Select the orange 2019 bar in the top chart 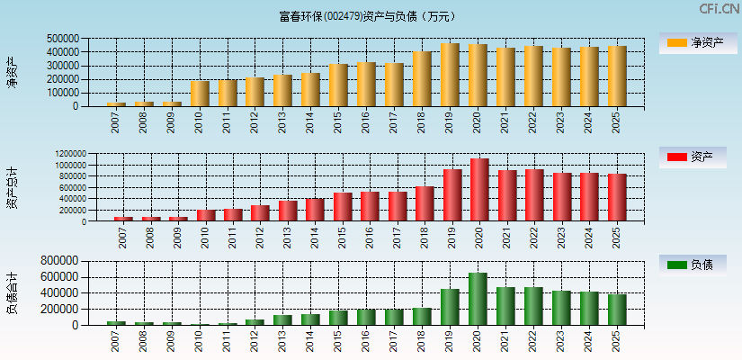tap(450, 75)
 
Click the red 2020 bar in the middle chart tap(479, 190)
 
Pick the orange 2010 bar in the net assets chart tap(200, 94)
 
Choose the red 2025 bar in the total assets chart tap(617, 197)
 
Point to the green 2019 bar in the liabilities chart tap(450, 307)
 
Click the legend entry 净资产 tap(693, 42)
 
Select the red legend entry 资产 tap(693, 157)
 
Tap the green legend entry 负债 tap(693, 265)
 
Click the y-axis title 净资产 tap(13, 72)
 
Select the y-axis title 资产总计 tap(13, 188)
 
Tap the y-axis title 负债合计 tap(13, 292)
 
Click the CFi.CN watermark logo tap(719, 9)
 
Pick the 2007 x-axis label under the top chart tap(116, 123)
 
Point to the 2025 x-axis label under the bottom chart tap(617, 342)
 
